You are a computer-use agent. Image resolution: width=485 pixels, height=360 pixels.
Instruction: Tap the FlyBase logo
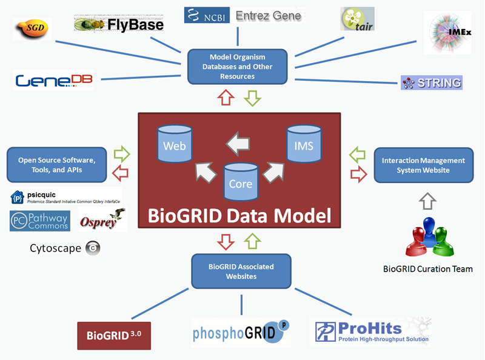119,24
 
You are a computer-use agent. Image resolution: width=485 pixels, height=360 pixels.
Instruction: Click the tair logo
357,19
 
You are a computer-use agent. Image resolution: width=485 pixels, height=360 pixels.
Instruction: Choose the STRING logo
431,83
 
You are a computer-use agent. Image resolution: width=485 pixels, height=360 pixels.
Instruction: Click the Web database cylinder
175,144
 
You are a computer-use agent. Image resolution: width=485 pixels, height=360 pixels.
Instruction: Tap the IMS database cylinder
304,144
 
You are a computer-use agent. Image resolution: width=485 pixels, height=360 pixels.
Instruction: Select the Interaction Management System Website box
423,165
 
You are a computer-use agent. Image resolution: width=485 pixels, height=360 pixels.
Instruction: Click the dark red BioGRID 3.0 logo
113,335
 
